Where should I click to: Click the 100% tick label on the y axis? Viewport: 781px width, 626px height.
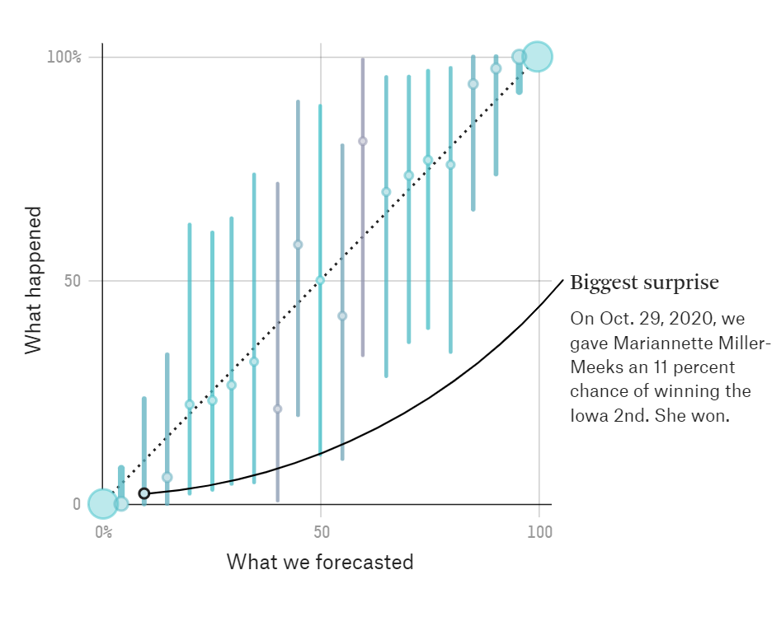tap(64, 57)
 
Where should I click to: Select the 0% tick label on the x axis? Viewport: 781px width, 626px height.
tap(103, 532)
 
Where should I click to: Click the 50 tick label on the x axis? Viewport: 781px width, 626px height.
tap(321, 532)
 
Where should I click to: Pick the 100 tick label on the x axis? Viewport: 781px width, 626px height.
tap(539, 532)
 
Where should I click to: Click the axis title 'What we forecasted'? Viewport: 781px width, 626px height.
tap(320, 563)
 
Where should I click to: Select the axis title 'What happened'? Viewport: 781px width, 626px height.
tap(34, 280)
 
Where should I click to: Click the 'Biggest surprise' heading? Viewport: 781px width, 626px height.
tap(644, 283)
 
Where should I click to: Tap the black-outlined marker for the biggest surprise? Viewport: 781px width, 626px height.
tap(144, 493)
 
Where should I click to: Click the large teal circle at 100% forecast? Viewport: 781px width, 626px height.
tap(537, 57)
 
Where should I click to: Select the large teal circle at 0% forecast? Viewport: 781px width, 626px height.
tap(102, 503)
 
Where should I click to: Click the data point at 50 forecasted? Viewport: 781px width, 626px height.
tap(320, 280)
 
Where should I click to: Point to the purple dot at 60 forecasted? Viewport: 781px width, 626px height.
tap(363, 142)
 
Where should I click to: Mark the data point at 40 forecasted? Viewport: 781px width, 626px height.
tap(277, 409)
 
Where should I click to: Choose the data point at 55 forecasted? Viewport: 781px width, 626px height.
tap(342, 316)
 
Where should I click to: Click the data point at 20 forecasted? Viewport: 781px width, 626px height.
tap(190, 404)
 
